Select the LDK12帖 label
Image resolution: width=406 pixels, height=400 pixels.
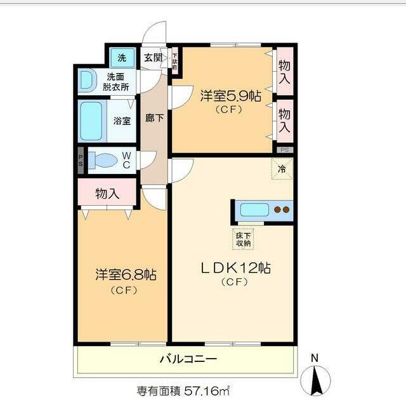click(236, 268)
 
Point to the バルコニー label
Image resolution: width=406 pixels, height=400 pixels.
click(188, 359)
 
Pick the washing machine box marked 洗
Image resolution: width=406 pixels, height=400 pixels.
click(122, 58)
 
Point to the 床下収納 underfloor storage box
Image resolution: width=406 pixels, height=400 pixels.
click(242, 236)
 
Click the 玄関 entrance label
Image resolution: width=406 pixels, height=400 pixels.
click(153, 58)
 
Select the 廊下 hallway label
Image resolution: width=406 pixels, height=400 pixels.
click(153, 118)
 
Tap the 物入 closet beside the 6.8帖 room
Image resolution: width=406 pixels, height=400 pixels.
click(107, 193)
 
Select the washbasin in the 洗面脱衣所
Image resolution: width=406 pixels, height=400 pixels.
click(86, 80)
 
